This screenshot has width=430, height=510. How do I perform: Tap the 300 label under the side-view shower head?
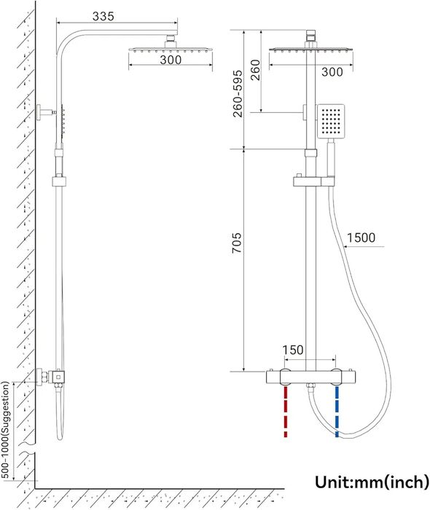point(170,60)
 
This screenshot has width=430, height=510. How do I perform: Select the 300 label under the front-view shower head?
point(332,72)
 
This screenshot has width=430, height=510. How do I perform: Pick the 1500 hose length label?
point(363,238)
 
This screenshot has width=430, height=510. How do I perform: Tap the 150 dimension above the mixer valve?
point(292,350)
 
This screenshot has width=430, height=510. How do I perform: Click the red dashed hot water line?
point(286,412)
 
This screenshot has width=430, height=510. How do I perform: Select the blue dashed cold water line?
point(337,412)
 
